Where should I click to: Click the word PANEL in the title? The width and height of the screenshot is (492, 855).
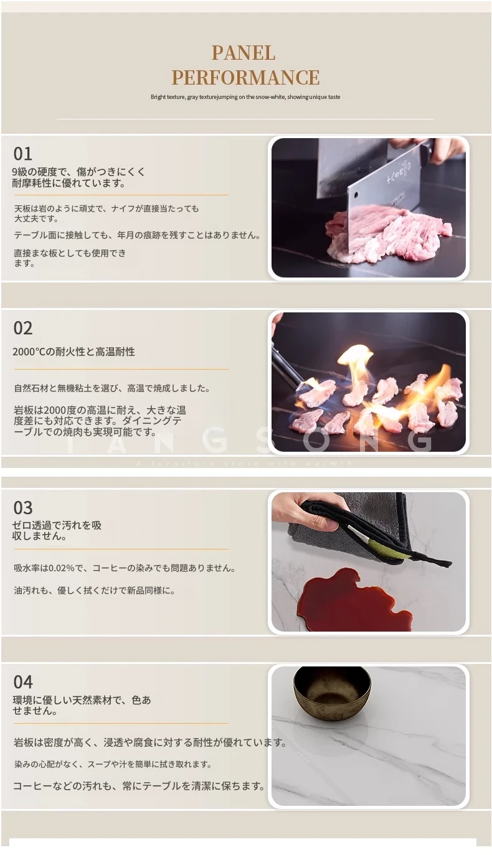244,53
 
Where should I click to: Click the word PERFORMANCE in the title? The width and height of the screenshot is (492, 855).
245,78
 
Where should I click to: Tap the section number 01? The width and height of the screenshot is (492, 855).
22,154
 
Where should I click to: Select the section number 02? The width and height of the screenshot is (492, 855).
22,328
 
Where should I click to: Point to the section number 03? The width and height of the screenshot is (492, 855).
22,508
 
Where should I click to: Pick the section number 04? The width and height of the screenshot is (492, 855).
22,682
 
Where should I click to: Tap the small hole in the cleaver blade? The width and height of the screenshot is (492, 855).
356,196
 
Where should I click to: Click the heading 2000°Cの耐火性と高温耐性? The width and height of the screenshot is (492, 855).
73,352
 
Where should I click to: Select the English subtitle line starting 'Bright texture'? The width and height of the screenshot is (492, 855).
245,97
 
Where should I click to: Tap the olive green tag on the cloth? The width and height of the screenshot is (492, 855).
382,546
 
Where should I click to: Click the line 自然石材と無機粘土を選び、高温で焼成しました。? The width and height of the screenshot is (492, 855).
112,388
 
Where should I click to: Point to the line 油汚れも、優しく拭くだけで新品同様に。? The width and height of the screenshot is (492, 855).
95,591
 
